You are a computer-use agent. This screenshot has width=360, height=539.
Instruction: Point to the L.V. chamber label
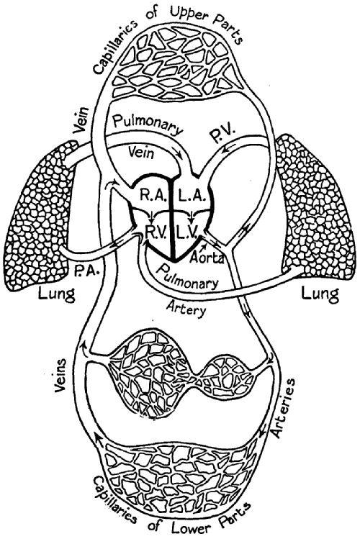[188, 230]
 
